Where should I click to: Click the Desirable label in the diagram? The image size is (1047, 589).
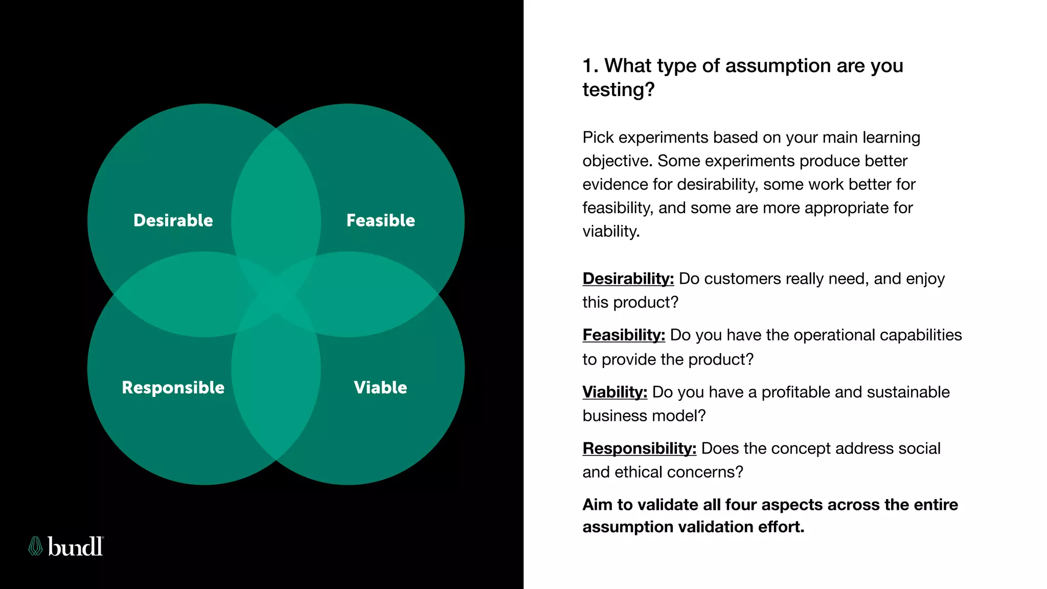coord(173,220)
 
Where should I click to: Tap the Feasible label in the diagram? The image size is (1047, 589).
coord(380,220)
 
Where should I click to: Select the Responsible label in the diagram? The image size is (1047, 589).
coord(173,388)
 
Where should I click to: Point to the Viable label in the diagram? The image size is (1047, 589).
coord(380,388)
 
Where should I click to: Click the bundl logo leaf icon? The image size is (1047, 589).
coord(35,546)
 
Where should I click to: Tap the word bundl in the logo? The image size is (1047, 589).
coord(75,547)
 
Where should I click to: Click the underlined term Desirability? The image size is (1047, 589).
coord(628,279)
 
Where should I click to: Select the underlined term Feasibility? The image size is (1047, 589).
coord(624,335)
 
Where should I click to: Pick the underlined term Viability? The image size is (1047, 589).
coord(614,392)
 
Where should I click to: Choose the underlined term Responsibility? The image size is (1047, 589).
coord(639,448)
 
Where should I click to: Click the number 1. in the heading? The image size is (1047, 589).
coord(590,66)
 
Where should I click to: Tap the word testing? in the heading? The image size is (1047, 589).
coord(618,90)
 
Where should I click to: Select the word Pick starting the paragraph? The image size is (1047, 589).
coord(598,138)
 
